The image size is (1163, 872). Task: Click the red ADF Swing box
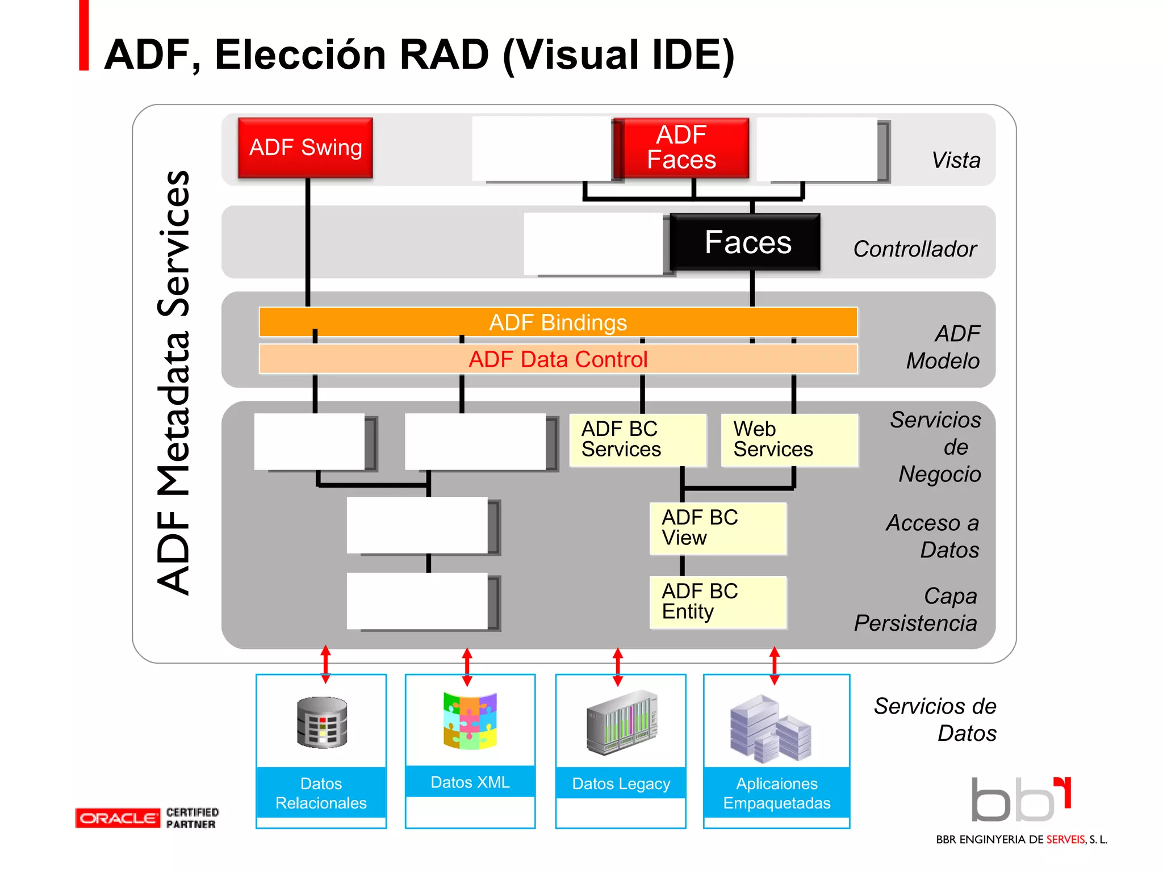coord(306,148)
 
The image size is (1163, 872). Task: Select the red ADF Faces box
coord(681,148)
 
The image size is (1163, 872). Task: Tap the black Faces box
coord(746,242)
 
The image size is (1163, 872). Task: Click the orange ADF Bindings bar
coord(558,322)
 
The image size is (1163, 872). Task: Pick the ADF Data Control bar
coord(558,359)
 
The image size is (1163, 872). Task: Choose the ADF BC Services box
coord(637,440)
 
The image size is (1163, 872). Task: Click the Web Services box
coord(789,440)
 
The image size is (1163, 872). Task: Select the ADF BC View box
coord(718,528)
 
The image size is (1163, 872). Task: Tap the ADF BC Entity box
coord(718,602)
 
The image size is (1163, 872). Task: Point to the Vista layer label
coord(956,160)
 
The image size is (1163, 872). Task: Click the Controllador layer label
coord(914,249)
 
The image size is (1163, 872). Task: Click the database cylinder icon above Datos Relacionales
coord(322,722)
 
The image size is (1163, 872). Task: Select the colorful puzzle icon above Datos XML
coord(470,721)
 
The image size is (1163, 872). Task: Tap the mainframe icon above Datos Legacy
coord(621,722)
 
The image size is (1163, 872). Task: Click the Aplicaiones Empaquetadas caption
coord(776,793)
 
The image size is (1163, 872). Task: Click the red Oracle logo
coord(118,818)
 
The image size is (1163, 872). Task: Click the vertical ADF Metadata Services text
coord(174,383)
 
